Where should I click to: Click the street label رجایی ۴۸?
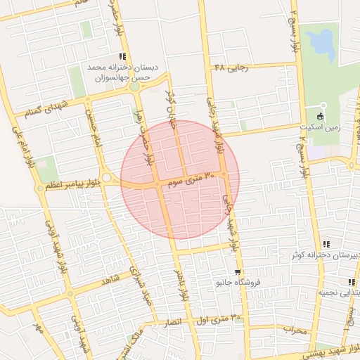click(x=231, y=67)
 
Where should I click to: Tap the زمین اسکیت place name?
click(x=335, y=127)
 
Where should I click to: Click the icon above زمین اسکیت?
click(x=321, y=115)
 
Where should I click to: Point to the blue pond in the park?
click(x=323, y=45)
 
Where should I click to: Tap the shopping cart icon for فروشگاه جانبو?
click(x=238, y=272)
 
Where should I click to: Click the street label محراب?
click(x=295, y=328)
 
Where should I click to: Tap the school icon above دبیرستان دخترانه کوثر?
click(x=326, y=243)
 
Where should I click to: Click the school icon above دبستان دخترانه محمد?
click(x=122, y=56)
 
